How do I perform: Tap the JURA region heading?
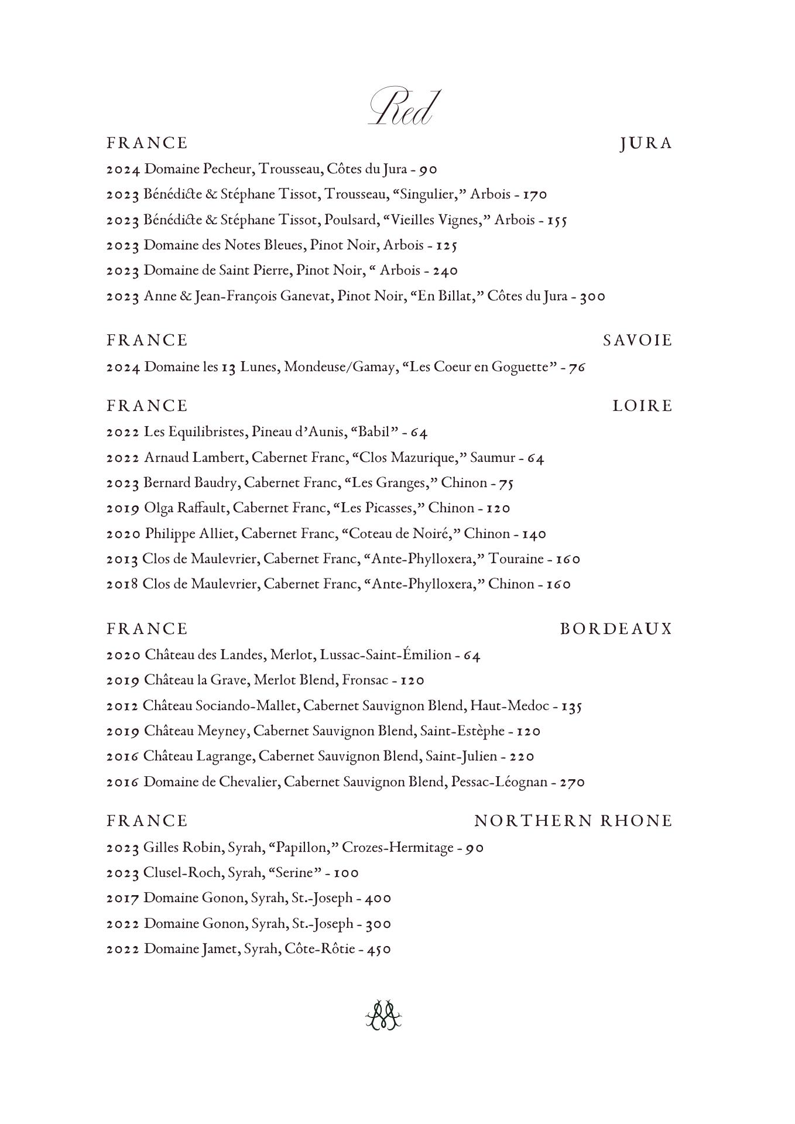click(x=646, y=143)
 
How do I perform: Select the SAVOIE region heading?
click(x=638, y=341)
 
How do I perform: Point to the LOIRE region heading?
click(x=642, y=406)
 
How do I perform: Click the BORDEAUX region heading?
click(x=616, y=629)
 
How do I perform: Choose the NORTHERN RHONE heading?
click(x=573, y=821)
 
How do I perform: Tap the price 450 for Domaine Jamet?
click(x=379, y=949)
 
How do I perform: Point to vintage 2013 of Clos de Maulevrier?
click(x=122, y=559)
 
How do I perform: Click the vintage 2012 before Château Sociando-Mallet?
click(x=122, y=706)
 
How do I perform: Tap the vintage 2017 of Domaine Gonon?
click(x=122, y=898)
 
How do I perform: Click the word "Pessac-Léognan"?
click(x=499, y=782)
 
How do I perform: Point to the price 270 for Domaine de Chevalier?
click(x=572, y=782)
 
